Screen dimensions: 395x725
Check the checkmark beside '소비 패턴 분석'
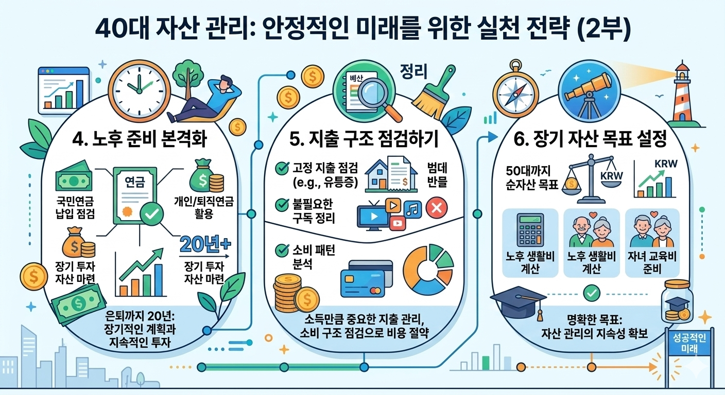(x=282, y=250)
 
